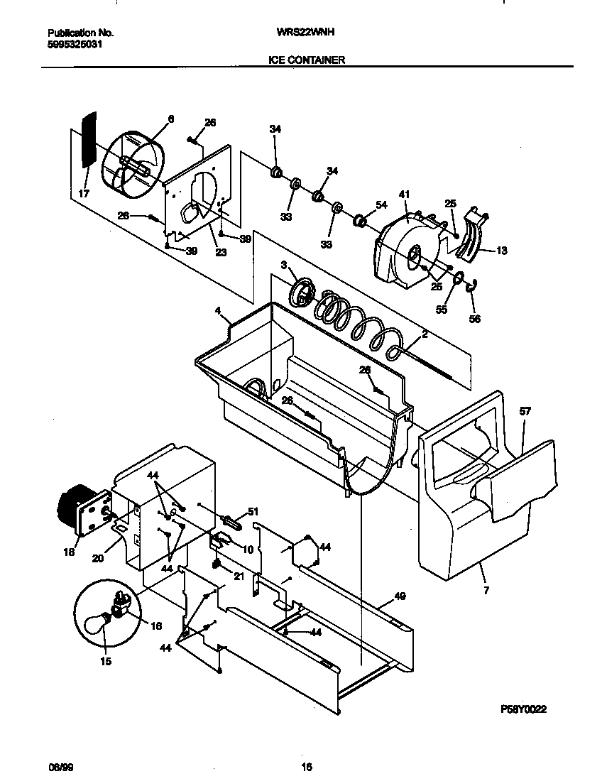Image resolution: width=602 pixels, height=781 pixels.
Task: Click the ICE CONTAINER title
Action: coord(307,60)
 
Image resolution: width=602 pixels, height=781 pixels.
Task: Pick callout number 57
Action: coord(525,411)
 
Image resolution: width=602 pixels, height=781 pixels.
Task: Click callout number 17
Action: coord(83,192)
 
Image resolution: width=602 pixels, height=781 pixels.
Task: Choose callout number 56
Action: coord(474,319)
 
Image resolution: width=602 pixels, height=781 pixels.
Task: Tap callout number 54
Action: coord(381,205)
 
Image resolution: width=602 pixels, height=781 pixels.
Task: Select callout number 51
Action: coord(253,512)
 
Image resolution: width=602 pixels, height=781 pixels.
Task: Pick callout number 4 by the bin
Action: coord(219,310)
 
